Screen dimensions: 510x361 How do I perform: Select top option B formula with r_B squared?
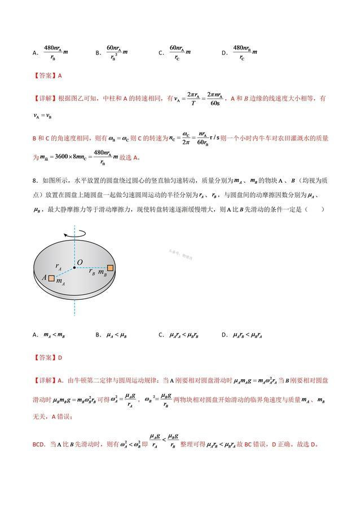pos(117,52)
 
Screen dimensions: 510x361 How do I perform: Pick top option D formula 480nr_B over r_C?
pos(245,52)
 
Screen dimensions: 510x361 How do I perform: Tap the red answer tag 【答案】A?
pos(47,76)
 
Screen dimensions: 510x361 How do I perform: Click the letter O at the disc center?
pos(80,263)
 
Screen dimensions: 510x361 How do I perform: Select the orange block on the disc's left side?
pos(52,278)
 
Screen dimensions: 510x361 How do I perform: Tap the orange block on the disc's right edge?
pos(111,268)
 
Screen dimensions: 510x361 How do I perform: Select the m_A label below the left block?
pos(60,282)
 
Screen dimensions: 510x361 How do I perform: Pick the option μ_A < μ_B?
pos(117,335)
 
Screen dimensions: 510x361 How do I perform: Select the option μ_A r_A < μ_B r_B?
pos(186,335)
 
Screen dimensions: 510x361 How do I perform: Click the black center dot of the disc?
pos(74,268)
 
